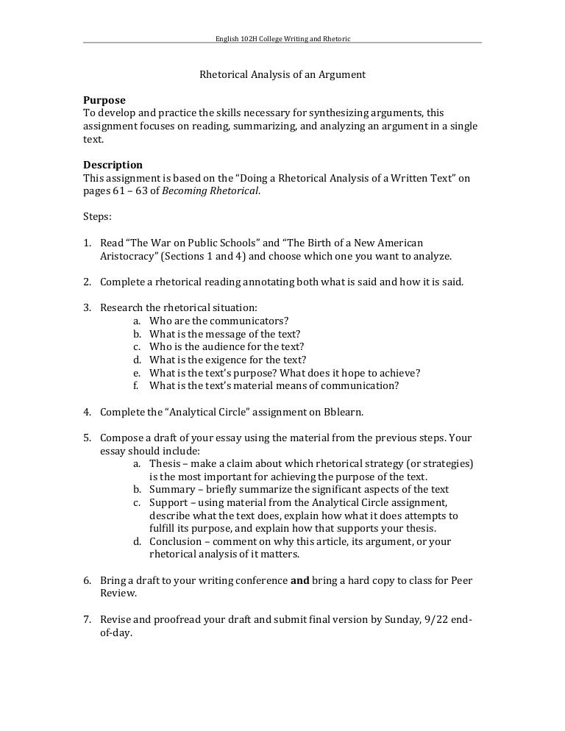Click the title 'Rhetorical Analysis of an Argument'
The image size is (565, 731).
pyautogui.click(x=282, y=75)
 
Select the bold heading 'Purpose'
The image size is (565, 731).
pyautogui.click(x=104, y=100)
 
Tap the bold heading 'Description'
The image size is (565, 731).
pyautogui.click(x=113, y=165)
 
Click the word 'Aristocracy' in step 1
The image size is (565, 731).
pyautogui.click(x=126, y=256)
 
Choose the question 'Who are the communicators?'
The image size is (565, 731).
pyautogui.click(x=218, y=321)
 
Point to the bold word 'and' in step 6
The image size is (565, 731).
pyautogui.click(x=300, y=580)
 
